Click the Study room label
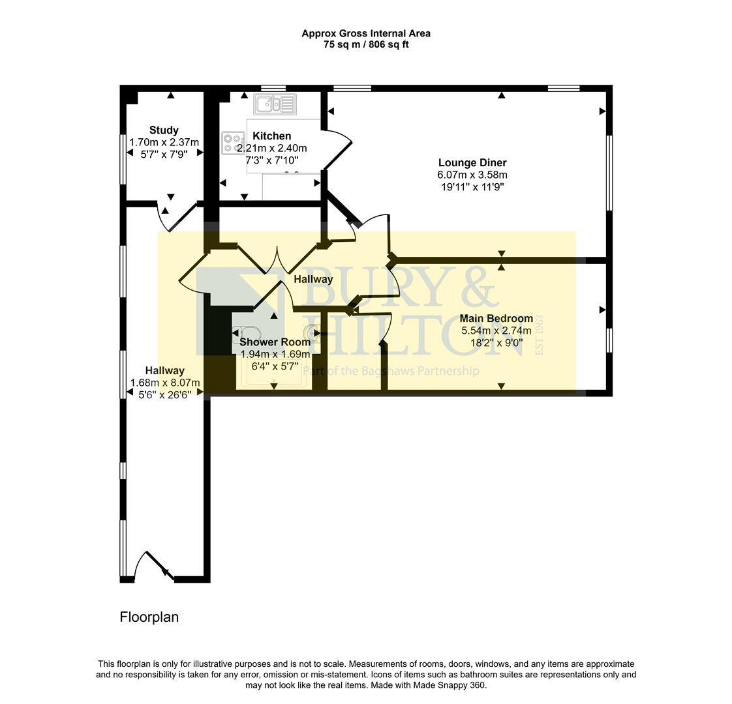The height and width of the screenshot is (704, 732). point(163,130)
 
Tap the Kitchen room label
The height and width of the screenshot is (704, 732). point(271,136)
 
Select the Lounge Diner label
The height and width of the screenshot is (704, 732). point(472,162)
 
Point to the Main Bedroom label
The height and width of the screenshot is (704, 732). point(496,318)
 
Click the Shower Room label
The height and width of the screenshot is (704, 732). point(275,342)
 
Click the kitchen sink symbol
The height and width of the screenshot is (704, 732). point(275,104)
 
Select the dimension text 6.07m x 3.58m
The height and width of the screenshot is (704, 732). point(472,175)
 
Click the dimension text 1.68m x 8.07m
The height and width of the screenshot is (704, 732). point(164,383)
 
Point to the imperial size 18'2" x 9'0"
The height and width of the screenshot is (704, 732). point(496,342)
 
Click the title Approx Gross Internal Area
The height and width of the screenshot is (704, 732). point(365,33)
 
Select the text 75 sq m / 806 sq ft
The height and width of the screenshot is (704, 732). point(365,44)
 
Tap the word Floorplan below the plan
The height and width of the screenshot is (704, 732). point(149,617)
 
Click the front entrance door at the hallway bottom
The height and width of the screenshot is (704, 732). point(154,566)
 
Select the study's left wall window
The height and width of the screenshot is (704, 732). point(123,158)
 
